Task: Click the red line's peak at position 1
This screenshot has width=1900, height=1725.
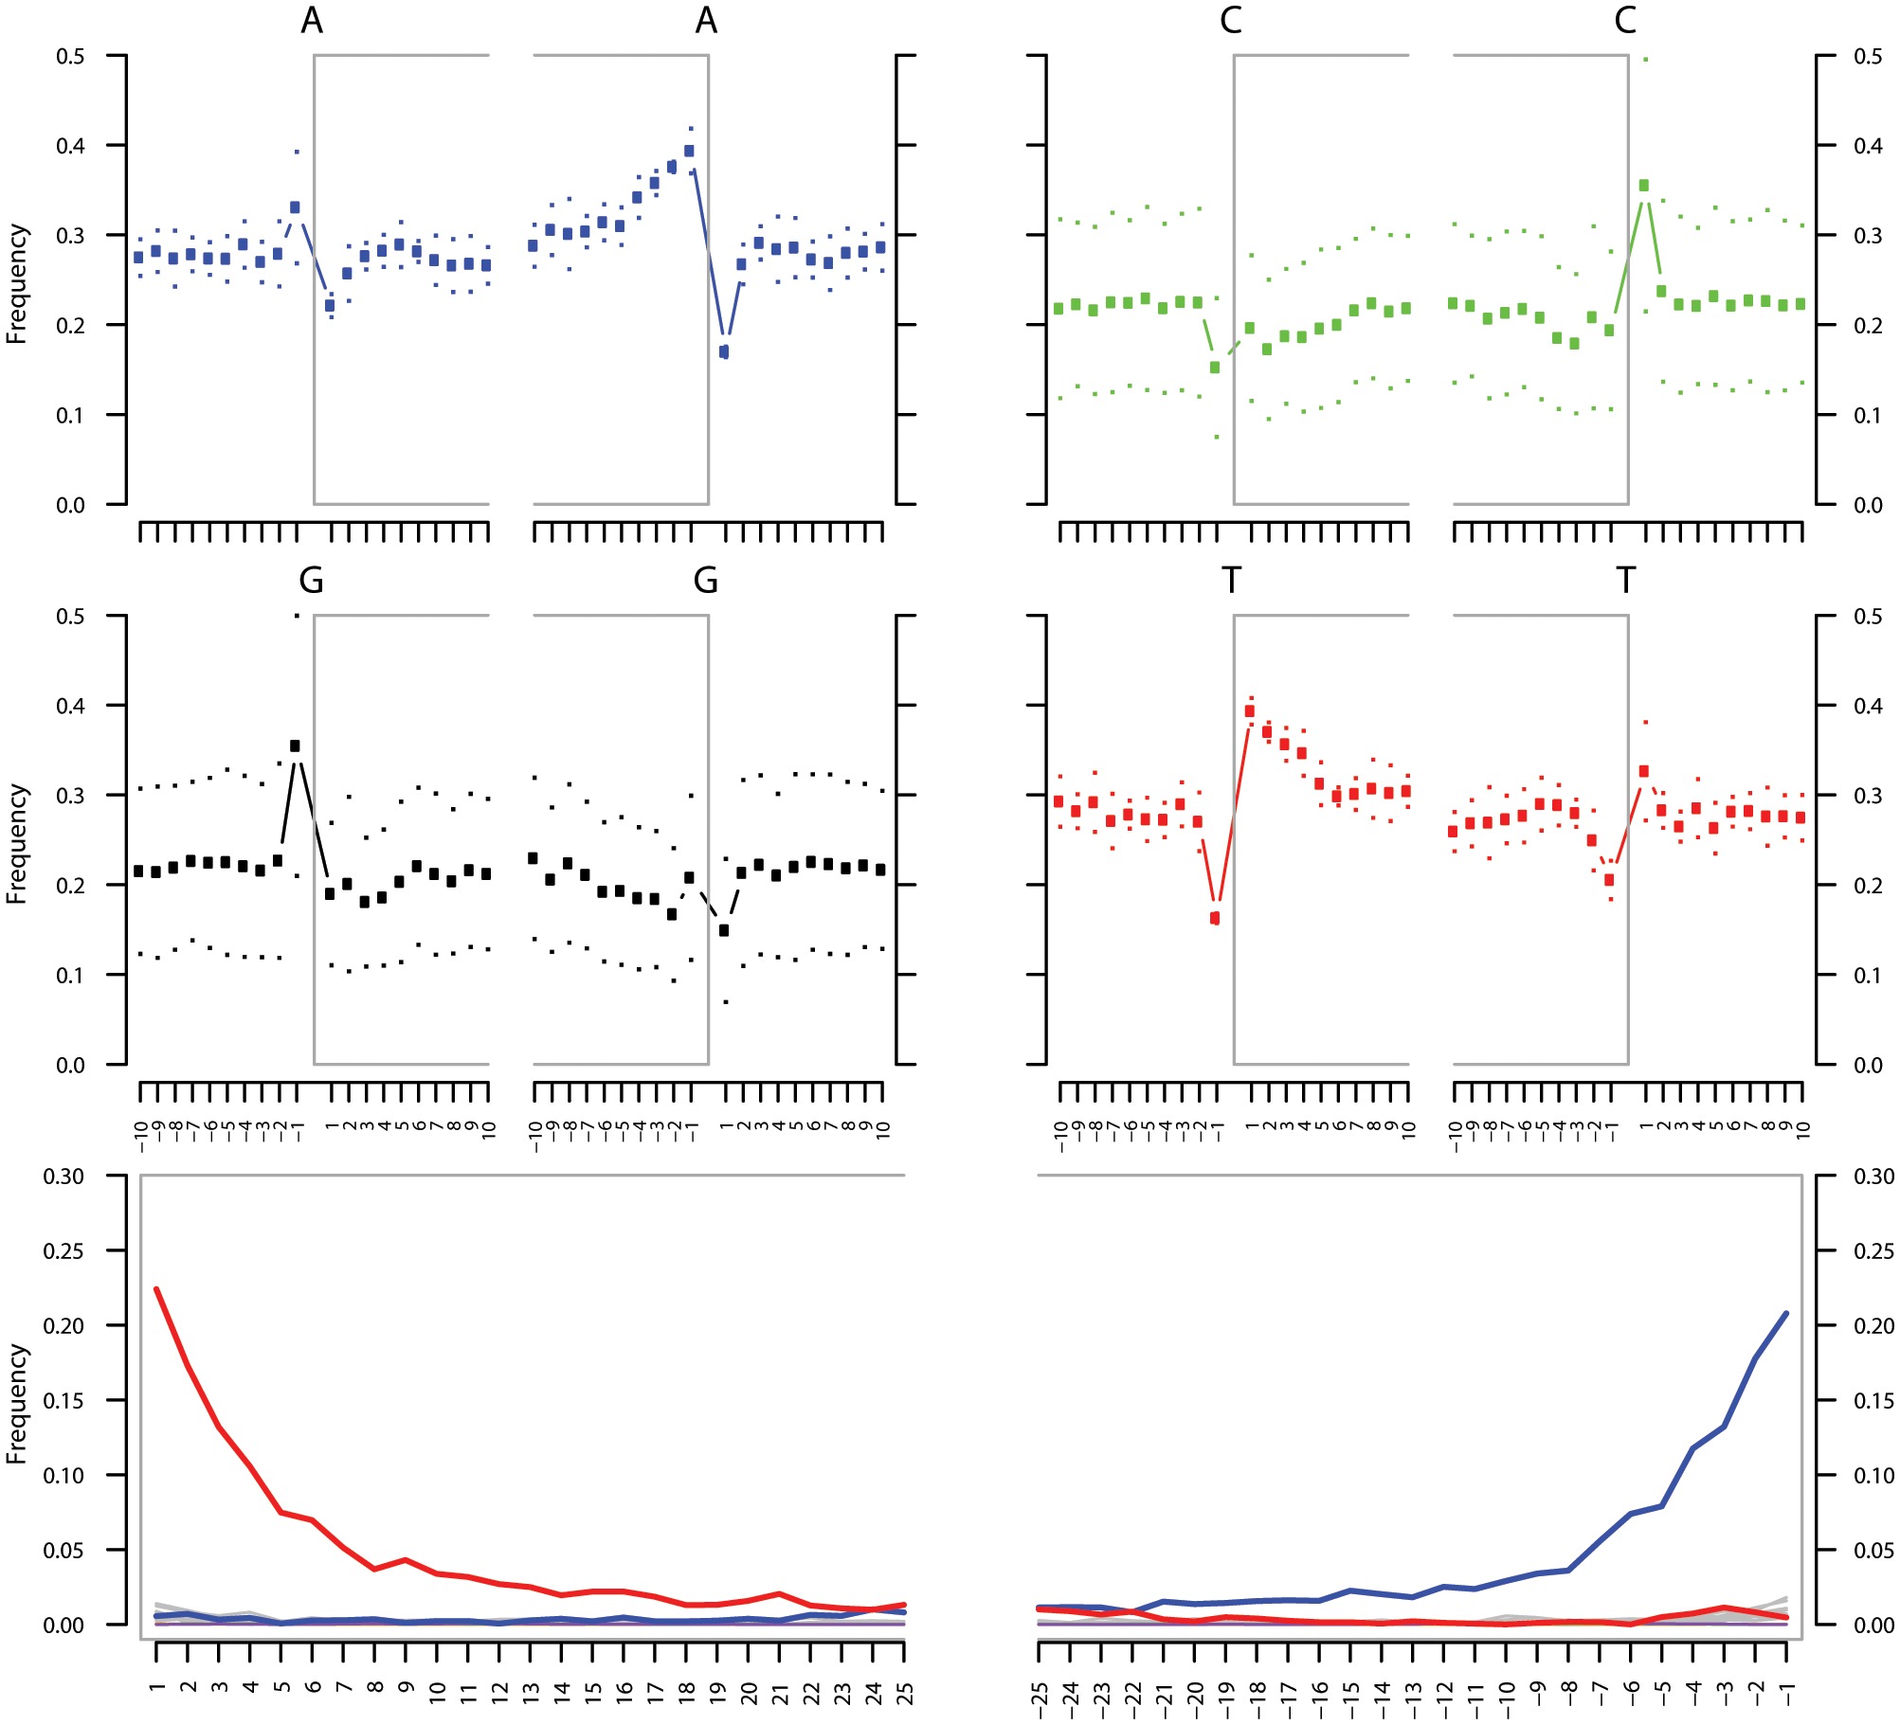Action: click(x=156, y=1289)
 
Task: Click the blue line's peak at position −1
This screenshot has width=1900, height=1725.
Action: click(x=1786, y=1313)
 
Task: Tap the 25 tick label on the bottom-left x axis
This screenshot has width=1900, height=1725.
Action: click(x=905, y=1692)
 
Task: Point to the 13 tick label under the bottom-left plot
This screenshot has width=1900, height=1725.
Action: click(x=531, y=1692)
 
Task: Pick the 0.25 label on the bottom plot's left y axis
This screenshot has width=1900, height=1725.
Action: click(x=64, y=1251)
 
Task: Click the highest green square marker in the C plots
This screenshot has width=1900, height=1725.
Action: click(x=1644, y=186)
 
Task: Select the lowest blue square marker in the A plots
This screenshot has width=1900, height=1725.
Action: click(x=724, y=352)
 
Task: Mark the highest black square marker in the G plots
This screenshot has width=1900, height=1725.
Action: click(x=295, y=746)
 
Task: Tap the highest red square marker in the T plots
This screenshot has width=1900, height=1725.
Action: click(x=1250, y=711)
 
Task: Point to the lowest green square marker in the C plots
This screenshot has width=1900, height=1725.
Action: click(x=1215, y=368)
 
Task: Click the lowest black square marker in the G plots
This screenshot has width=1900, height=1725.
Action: click(x=724, y=930)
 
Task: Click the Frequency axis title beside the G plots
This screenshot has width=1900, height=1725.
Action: click(x=16, y=843)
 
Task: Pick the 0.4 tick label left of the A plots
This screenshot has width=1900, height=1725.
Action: click(x=70, y=146)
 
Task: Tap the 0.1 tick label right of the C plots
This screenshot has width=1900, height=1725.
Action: click(x=1868, y=416)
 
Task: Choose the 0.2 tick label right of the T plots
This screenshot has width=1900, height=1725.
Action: click(x=1868, y=886)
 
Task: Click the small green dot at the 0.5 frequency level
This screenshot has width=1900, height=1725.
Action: click(x=1646, y=60)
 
